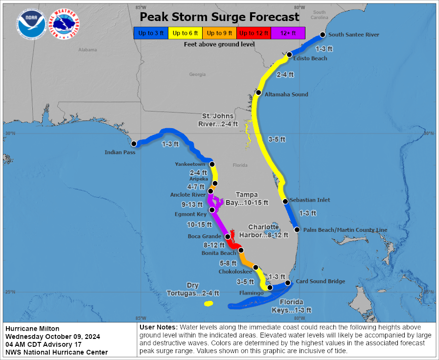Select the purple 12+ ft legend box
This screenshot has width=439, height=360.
pos(288,33)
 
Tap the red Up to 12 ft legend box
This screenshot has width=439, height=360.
pos(254,33)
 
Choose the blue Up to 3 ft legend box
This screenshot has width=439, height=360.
pos(151,33)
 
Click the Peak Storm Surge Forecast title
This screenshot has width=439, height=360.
pos(220,17)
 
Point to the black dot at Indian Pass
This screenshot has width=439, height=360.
pos(134,144)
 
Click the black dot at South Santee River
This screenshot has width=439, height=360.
pos(323,35)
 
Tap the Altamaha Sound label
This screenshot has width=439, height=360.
pos(286,94)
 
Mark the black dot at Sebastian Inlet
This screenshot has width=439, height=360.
pos(285,201)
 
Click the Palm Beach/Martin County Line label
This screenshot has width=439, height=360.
pos(345,230)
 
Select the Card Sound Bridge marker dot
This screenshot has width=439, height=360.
pos(288,283)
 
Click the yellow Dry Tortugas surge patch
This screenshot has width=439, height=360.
pos(208,304)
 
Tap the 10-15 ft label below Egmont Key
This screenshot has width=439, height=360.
pos(199,225)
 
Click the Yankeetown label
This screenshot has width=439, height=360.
pos(190,164)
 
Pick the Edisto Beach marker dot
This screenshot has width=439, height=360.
pos(290,54)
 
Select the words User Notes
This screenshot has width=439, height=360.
pos(158,327)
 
